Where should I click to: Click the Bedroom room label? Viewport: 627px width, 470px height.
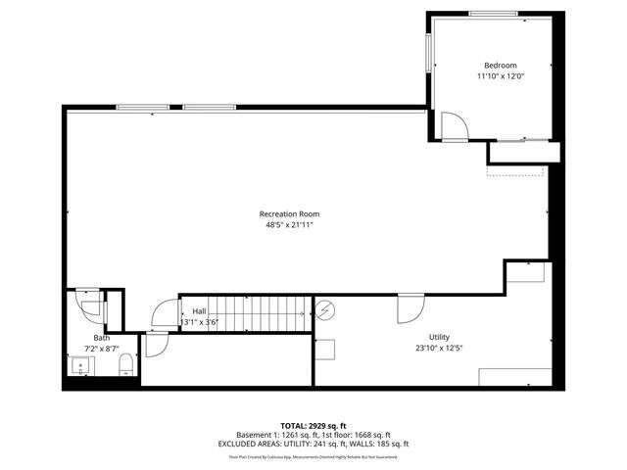click(493, 65)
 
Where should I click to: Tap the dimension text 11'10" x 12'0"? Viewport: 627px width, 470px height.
click(493, 76)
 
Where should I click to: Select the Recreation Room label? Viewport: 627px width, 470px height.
click(289, 213)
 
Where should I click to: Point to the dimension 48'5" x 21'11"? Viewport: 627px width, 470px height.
click(289, 225)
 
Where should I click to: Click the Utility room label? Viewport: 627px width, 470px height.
click(438, 336)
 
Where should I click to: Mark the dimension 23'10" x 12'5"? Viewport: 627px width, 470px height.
click(438, 348)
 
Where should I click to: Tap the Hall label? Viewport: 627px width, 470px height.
click(199, 310)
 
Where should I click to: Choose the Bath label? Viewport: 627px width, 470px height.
click(102, 338)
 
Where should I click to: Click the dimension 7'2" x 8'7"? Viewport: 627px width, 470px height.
click(102, 349)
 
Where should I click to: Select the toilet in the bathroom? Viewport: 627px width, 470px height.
click(125, 367)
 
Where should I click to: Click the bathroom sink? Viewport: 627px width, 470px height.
click(80, 366)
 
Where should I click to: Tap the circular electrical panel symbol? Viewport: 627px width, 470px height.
click(325, 310)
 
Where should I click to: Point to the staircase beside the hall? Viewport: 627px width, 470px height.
click(263, 310)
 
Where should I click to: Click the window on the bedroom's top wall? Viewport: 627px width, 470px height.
click(495, 13)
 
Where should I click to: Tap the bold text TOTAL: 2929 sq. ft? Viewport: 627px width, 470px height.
click(313, 426)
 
